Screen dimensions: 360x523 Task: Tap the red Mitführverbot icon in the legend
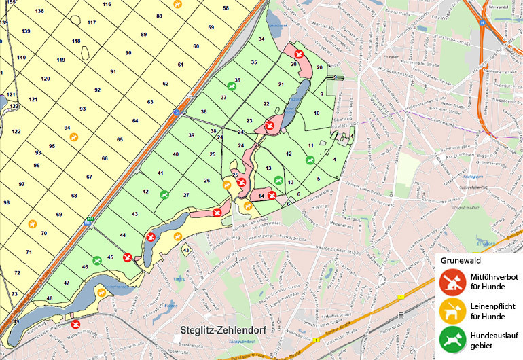(449, 280)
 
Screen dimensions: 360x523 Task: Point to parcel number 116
(107, 5)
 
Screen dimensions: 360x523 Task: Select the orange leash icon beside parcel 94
(74, 137)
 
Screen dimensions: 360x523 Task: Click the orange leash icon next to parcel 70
(31, 223)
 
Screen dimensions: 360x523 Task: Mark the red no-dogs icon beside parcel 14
(272, 196)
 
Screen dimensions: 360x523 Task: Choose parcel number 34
(261, 39)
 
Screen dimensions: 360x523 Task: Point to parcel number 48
(49, 299)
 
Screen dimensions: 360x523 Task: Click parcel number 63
(150, 102)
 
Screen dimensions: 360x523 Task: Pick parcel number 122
(16, 131)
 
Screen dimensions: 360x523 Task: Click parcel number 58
(226, 8)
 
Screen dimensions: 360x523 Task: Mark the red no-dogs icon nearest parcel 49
(75, 324)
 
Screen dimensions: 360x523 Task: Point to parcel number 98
(7, 202)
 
